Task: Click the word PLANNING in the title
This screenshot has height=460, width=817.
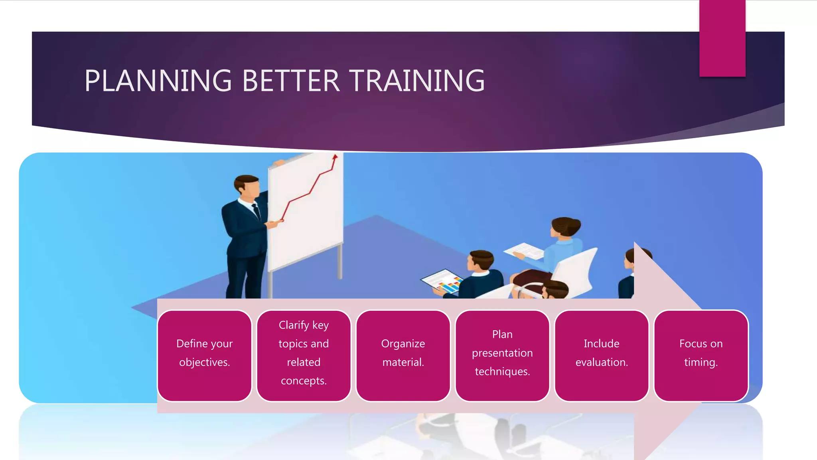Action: click(x=158, y=81)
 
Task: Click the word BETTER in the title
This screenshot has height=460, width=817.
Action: click(x=291, y=81)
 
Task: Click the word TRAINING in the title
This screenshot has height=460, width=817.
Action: click(x=417, y=81)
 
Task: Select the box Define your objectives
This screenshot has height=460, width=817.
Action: click(x=204, y=355)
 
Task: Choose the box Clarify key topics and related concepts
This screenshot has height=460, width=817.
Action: click(x=304, y=355)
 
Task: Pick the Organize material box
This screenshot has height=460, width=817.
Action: click(x=403, y=355)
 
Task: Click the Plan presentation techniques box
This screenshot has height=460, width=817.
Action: click(x=502, y=355)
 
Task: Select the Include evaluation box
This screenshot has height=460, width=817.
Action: click(x=602, y=355)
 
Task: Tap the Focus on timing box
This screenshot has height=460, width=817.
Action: click(x=701, y=355)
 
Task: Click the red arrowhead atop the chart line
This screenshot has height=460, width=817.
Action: click(x=335, y=157)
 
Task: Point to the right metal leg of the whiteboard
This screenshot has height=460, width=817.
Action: click(x=340, y=262)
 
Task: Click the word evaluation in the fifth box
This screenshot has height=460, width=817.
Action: click(x=602, y=362)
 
